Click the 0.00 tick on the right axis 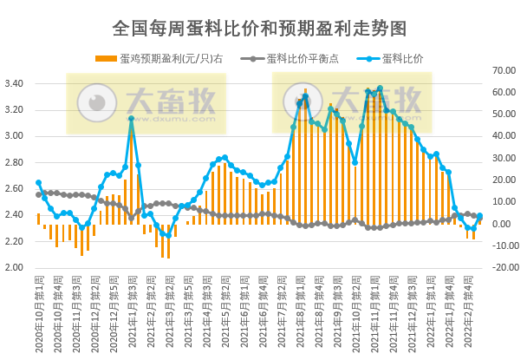tap(504, 224)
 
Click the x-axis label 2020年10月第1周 tap(39, 313)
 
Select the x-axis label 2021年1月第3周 tap(132, 313)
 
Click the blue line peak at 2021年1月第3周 tap(131, 119)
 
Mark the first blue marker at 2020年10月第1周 tap(38, 183)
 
